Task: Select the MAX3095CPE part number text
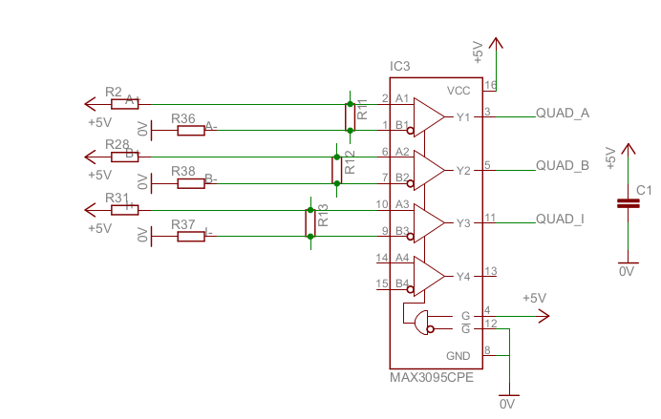click(431, 377)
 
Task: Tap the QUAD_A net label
click(563, 114)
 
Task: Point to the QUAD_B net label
click(563, 166)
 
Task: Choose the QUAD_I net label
click(561, 219)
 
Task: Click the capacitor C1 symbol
click(628, 202)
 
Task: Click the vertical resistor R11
click(351, 116)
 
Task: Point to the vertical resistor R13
click(310, 222)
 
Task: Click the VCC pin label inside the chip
click(458, 91)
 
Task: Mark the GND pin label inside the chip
click(459, 355)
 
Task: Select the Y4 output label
click(463, 277)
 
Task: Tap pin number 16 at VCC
click(491, 86)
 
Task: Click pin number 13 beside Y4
click(491, 271)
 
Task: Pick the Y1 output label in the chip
click(463, 117)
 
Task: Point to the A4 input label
click(402, 258)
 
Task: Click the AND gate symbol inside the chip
click(420, 323)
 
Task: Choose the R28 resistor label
click(117, 144)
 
